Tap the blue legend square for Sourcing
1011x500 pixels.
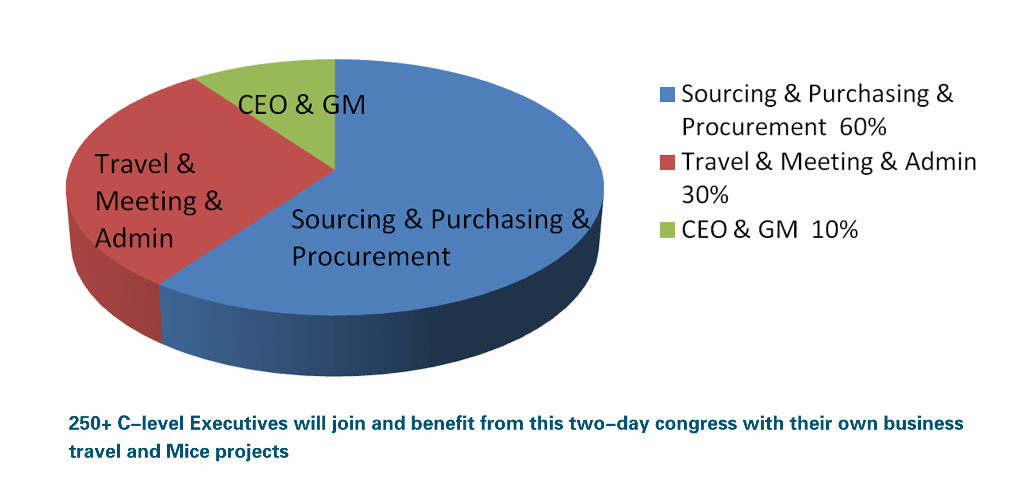pos(667,95)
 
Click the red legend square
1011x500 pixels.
pos(667,162)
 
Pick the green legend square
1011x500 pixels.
pos(667,230)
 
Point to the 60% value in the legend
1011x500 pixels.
pos(863,127)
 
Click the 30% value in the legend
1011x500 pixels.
pos(705,195)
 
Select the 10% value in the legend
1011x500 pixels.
pos(834,230)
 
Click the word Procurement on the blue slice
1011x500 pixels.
pos(371,257)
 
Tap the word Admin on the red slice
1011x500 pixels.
pos(134,238)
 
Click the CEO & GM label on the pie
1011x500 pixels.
pos(301,105)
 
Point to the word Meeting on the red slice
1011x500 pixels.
pos(146,202)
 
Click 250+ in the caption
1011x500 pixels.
pos(90,423)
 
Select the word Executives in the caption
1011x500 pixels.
pos(238,423)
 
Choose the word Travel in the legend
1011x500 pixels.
pos(715,162)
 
